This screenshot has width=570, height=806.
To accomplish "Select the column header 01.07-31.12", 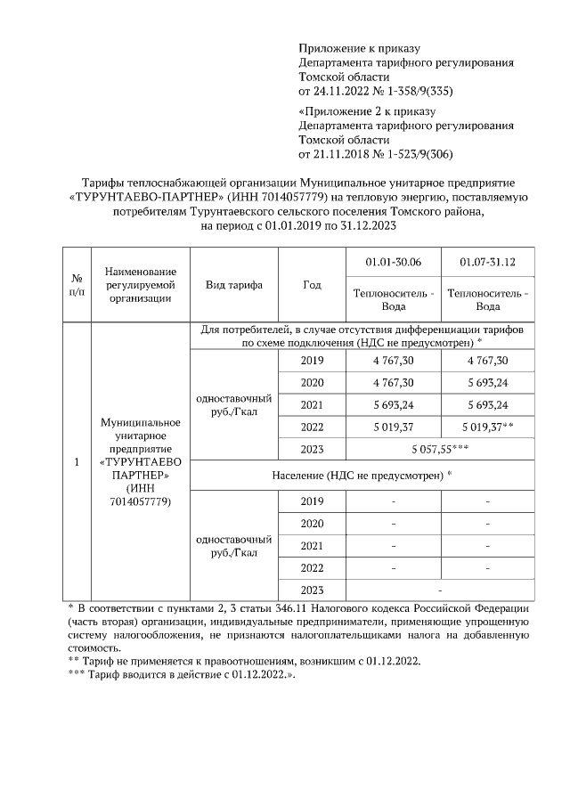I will click(x=487, y=262).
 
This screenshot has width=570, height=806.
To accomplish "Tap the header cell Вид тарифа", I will click(x=233, y=285).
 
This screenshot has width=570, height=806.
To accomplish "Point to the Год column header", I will click(x=311, y=285).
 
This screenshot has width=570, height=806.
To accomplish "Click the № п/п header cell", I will click(x=77, y=285).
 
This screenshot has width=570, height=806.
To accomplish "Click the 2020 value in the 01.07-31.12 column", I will click(x=487, y=383).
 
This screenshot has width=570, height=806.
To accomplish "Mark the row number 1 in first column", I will click(x=77, y=462).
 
